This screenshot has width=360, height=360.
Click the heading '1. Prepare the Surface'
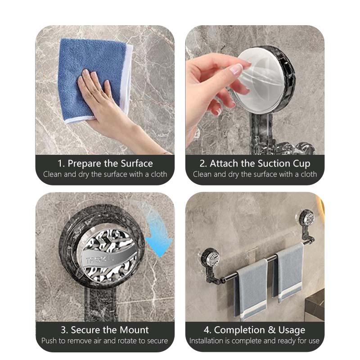point(105,164)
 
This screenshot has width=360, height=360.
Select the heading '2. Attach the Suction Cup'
point(255,164)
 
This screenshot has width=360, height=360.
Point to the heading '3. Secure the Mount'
point(105,330)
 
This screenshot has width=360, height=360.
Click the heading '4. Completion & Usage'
point(254,330)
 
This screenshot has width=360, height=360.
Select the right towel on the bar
point(288,272)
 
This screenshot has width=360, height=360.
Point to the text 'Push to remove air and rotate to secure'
point(105,341)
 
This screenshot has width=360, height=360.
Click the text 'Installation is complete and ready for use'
point(254,341)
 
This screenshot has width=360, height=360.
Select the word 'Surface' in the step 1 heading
point(137,164)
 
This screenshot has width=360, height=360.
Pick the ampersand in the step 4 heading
point(272,330)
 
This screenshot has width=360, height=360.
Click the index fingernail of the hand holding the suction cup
point(237,68)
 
